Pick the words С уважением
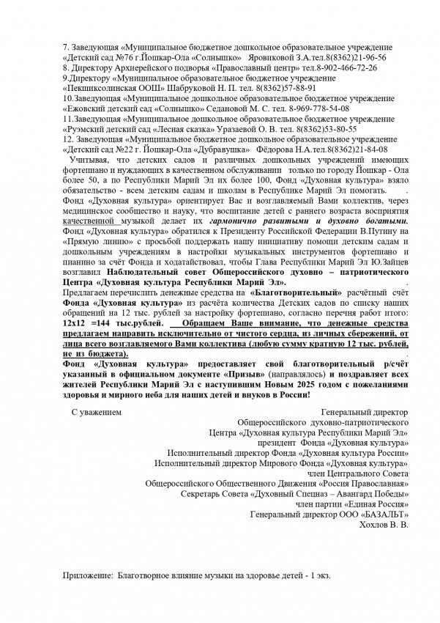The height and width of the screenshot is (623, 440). point(96,413)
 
